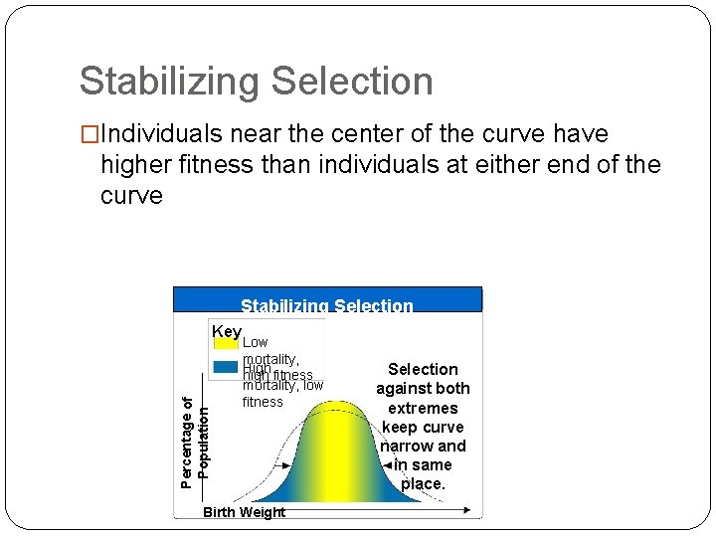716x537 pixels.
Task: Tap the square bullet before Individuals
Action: [x=89, y=134]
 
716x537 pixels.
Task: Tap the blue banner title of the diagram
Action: [x=327, y=305]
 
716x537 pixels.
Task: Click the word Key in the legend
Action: [x=226, y=331]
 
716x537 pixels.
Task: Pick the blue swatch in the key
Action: [x=226, y=367]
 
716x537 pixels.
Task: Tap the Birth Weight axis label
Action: [x=244, y=512]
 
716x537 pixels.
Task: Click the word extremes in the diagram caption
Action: [x=423, y=408]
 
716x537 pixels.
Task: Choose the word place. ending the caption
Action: [x=423, y=483]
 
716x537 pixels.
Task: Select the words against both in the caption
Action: [x=423, y=388]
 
